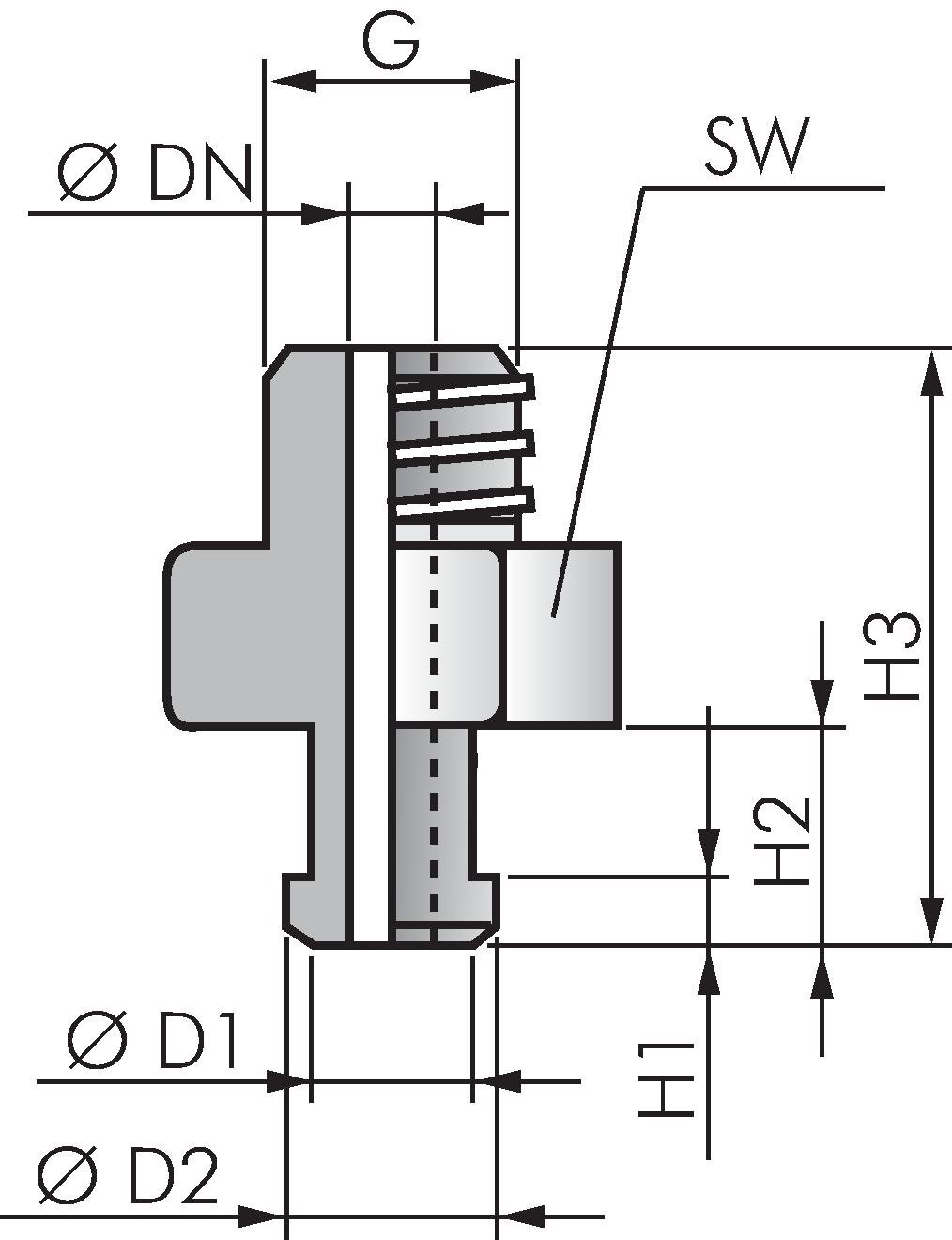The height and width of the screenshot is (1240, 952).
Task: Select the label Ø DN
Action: point(156,175)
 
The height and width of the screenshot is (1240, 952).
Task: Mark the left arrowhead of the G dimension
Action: point(292,83)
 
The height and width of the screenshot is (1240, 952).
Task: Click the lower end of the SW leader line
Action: point(554,615)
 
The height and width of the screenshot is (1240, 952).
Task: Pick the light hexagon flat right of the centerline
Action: point(561,637)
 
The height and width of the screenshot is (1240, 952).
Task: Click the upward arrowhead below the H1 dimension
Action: point(710,972)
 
